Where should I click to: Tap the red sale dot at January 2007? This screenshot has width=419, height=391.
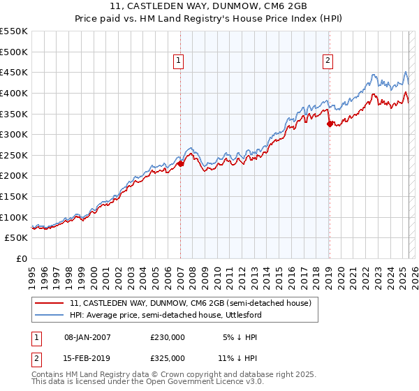(180, 164)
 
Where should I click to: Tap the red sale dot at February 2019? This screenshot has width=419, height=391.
(330, 124)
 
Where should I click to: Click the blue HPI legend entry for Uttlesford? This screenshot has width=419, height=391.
(174, 316)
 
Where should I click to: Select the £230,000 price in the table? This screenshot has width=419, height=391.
(168, 337)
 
